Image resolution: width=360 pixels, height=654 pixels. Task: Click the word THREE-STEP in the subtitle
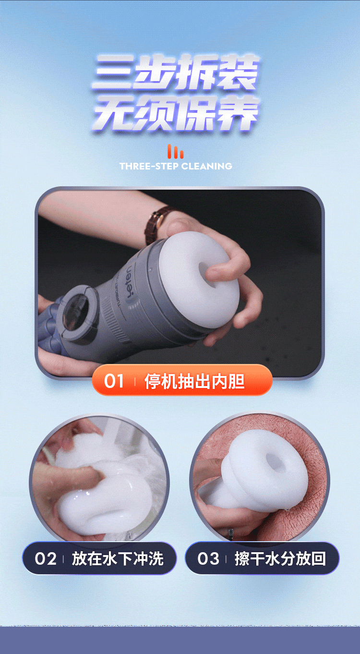tap(149, 166)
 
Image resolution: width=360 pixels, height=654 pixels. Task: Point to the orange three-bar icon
tap(175, 151)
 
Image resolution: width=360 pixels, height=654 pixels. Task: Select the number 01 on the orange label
tap(114, 381)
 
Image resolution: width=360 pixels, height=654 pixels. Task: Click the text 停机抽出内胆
tap(194, 381)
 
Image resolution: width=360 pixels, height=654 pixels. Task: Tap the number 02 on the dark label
tap(45, 558)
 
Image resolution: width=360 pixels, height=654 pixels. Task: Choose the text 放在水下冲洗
tap(118, 558)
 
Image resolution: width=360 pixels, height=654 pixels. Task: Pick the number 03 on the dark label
tap(208, 558)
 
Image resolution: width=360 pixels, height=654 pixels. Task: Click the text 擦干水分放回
tap(280, 558)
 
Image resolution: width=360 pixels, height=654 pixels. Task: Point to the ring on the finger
tap(231, 533)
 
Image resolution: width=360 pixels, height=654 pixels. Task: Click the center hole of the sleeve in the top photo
tap(208, 274)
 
